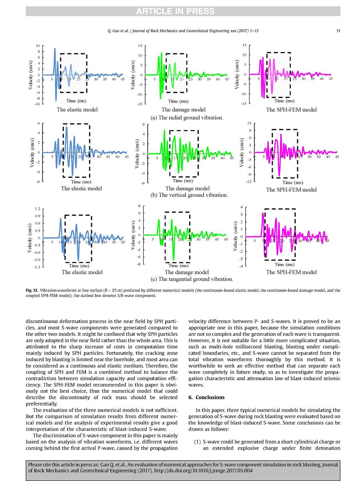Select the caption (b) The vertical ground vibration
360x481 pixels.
coord(189,195)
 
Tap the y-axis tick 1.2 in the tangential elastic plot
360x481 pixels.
coord(38,209)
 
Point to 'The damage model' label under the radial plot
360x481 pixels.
coord(184,110)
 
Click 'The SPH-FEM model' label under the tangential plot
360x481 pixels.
coord(291,272)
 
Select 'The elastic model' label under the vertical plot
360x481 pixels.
coord(81,188)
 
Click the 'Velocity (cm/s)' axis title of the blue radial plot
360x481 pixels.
coord(31,75)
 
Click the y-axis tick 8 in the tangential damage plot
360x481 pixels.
coord(139,206)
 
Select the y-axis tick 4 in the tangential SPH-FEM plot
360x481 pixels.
coord(241,207)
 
